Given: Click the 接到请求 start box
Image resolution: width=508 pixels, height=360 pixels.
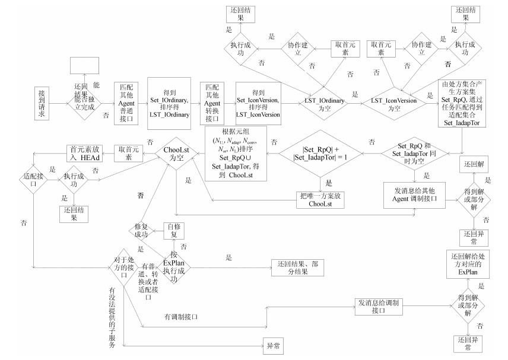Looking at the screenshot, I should click(x=42, y=103).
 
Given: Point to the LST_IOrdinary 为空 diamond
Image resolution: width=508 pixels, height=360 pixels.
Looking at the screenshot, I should click(x=324, y=101).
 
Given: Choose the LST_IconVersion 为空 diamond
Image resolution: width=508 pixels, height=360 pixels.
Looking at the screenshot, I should click(x=393, y=101).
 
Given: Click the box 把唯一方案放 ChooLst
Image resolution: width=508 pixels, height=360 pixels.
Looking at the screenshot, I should click(x=321, y=200).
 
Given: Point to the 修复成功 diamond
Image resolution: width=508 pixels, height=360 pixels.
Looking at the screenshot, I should click(x=141, y=230).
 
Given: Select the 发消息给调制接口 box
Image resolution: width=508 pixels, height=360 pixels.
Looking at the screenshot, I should click(x=380, y=306).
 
